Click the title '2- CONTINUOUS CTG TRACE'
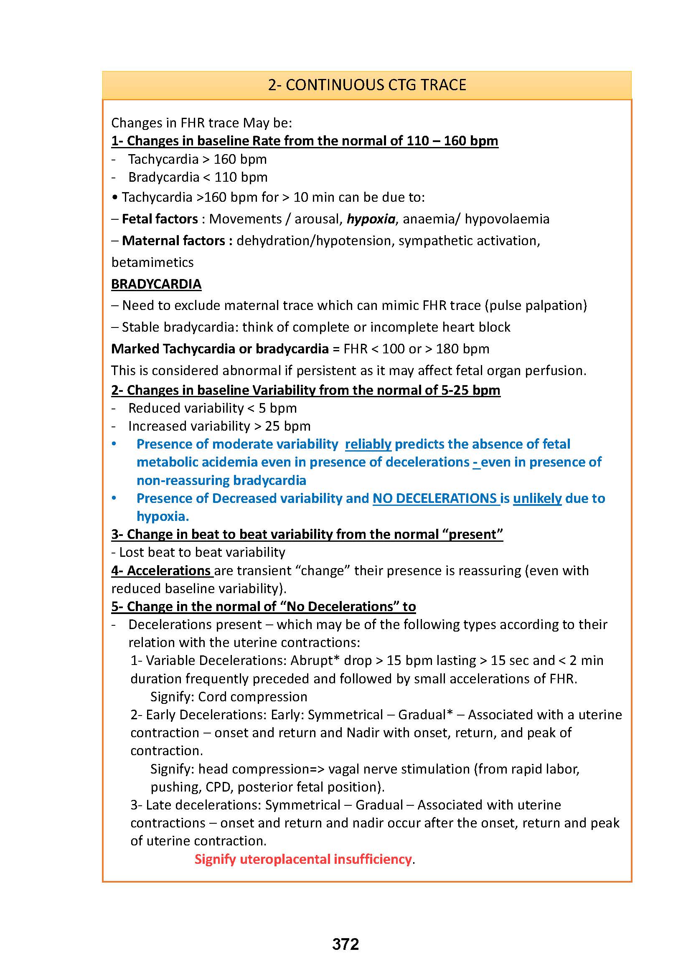click(x=367, y=85)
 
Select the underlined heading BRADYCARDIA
click(x=156, y=284)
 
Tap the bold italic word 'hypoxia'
click(x=371, y=219)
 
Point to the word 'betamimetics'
click(x=152, y=262)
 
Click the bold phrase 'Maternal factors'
click(x=174, y=241)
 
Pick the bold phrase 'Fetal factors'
click(x=160, y=219)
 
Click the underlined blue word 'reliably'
click(x=368, y=444)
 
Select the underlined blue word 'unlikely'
click(x=537, y=498)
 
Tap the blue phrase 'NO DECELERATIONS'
click(x=434, y=498)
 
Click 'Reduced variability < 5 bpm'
click(x=212, y=408)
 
